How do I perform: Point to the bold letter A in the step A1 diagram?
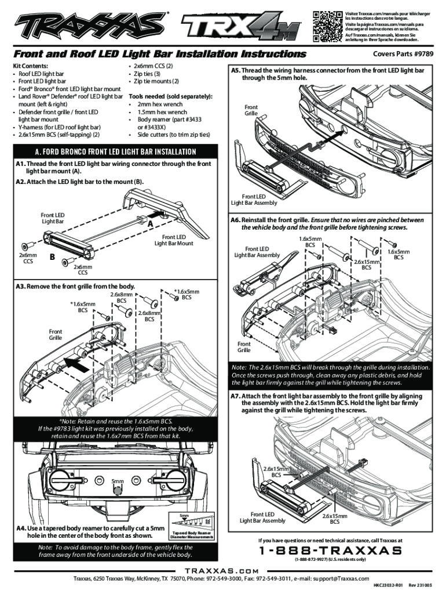(149, 224)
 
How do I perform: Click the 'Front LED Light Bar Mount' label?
(174, 240)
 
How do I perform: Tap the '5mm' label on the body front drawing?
(118, 481)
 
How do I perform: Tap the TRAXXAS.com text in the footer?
(223, 571)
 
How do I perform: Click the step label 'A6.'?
(235, 220)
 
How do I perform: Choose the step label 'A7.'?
(235, 396)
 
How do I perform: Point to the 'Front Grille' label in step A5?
(251, 110)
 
